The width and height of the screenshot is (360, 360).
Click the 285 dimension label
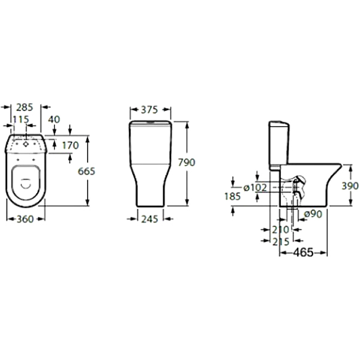click(25, 108)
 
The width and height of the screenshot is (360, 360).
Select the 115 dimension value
click(20, 119)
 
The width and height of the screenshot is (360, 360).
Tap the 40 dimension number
click(54, 119)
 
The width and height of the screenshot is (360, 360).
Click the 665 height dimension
click(87, 171)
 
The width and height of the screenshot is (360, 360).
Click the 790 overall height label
click(187, 162)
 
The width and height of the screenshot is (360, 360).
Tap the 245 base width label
click(150, 219)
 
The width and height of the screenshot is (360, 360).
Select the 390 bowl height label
click(350, 186)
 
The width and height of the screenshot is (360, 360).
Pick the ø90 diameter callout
click(313, 214)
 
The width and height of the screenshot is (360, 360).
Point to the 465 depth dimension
click(304, 253)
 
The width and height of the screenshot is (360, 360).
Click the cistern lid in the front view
click(151, 124)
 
